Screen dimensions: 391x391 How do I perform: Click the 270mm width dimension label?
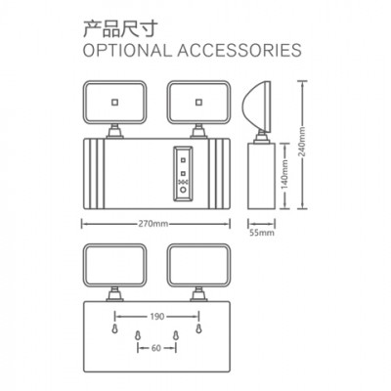[153, 224]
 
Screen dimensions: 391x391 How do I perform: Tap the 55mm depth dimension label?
[262, 233]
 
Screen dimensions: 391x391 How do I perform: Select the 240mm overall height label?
[303, 142]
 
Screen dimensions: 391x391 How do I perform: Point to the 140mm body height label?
[284, 174]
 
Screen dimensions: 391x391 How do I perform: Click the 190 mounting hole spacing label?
[157, 317]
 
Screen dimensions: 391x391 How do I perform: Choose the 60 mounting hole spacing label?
[156, 348]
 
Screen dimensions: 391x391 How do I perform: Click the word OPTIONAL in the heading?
[127, 51]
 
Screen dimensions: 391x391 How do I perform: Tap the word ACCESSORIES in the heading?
[239, 51]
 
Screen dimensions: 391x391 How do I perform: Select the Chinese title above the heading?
[120, 28]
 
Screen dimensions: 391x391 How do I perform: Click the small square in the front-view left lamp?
[114, 103]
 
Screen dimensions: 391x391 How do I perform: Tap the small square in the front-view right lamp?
[198, 103]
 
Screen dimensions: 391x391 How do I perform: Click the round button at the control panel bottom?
[183, 190]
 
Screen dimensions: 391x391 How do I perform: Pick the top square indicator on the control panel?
[183, 160]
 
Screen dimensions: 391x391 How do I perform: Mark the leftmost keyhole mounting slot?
[114, 328]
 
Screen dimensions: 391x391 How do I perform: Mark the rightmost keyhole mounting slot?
[198, 328]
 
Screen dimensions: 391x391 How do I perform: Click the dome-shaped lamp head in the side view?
[256, 107]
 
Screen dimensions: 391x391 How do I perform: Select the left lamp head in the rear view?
[114, 266]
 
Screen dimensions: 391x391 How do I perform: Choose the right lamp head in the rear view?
[198, 266]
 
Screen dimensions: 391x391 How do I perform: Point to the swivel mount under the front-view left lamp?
[115, 131]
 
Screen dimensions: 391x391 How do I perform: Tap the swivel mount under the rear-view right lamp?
[198, 294]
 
